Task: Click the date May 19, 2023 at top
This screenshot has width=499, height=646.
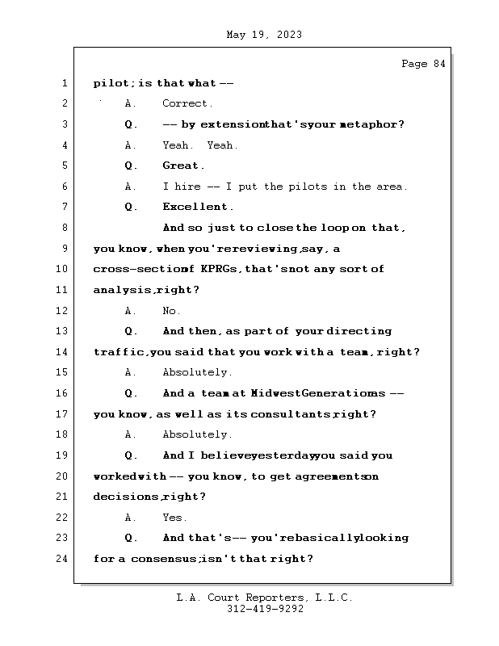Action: click(x=265, y=35)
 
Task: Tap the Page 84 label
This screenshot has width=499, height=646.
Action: click(x=423, y=64)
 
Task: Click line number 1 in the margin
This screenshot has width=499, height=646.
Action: click(x=64, y=83)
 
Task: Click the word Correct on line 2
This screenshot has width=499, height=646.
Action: click(x=187, y=103)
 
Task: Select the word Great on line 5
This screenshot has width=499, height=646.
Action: click(x=181, y=166)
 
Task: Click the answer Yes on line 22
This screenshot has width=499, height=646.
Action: click(x=174, y=518)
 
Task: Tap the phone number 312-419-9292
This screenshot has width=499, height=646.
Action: click(x=265, y=610)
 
